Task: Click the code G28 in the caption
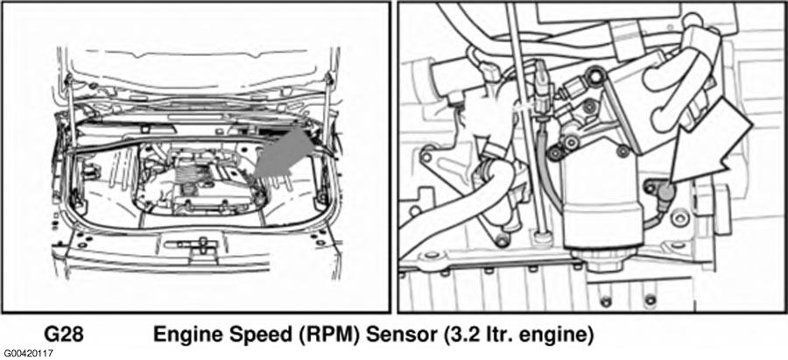pyautogui.click(x=63, y=335)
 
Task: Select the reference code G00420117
pyautogui.click(x=26, y=355)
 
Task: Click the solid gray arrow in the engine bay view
pyautogui.click(x=284, y=154)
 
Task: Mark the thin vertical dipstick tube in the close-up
pyautogui.click(x=525, y=121)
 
